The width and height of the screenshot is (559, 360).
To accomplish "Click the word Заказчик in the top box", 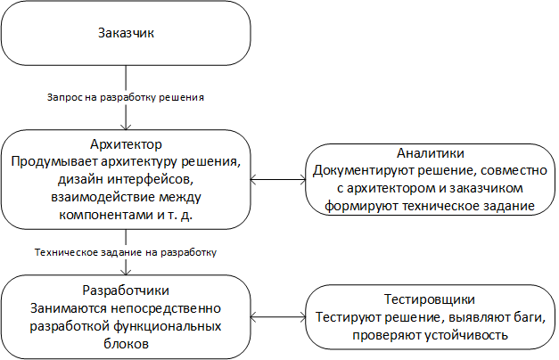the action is point(127,33).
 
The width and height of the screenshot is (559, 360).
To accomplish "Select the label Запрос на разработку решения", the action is point(126,97).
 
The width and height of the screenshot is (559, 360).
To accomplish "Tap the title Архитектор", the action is point(126,144).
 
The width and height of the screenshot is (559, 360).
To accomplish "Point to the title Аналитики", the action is point(431,153).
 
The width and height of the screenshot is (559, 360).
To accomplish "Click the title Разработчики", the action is point(126,290).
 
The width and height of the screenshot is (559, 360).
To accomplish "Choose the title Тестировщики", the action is point(430,299).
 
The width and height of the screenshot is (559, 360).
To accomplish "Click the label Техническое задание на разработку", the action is point(126,252).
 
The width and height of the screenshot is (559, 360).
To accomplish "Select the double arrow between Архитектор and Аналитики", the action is point(278,180).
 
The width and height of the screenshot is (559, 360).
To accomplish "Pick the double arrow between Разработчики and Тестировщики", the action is point(278,316).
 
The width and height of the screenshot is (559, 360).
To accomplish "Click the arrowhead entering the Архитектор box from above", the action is point(126,127).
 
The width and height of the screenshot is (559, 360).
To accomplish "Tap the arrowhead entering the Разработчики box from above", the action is point(126,271).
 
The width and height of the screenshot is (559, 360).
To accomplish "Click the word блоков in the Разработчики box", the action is point(127,344).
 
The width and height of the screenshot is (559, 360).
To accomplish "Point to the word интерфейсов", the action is point(151,180).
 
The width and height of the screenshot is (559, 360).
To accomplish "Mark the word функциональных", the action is point(168,326).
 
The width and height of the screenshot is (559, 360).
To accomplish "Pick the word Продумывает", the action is point(54,162).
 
